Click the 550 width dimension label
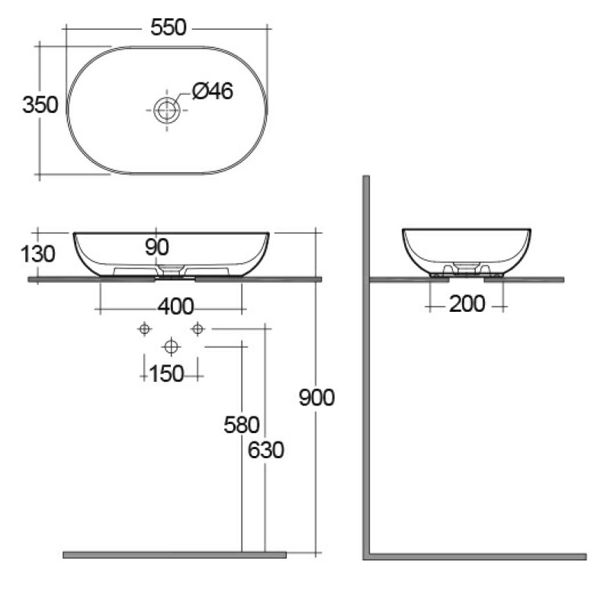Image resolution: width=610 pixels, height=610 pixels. (169, 27)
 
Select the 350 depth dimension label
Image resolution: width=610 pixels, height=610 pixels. (40, 105)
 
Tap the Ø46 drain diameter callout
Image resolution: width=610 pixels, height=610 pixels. (213, 91)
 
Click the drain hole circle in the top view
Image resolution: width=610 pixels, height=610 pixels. (167, 110)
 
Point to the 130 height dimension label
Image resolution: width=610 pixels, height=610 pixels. (37, 255)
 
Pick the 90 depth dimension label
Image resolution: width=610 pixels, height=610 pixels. (157, 247)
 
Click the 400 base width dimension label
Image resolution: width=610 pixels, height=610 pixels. (176, 307)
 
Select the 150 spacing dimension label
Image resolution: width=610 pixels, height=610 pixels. (166, 374)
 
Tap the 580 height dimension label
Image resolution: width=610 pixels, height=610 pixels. (242, 425)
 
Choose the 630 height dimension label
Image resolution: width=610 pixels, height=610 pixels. (266, 451)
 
